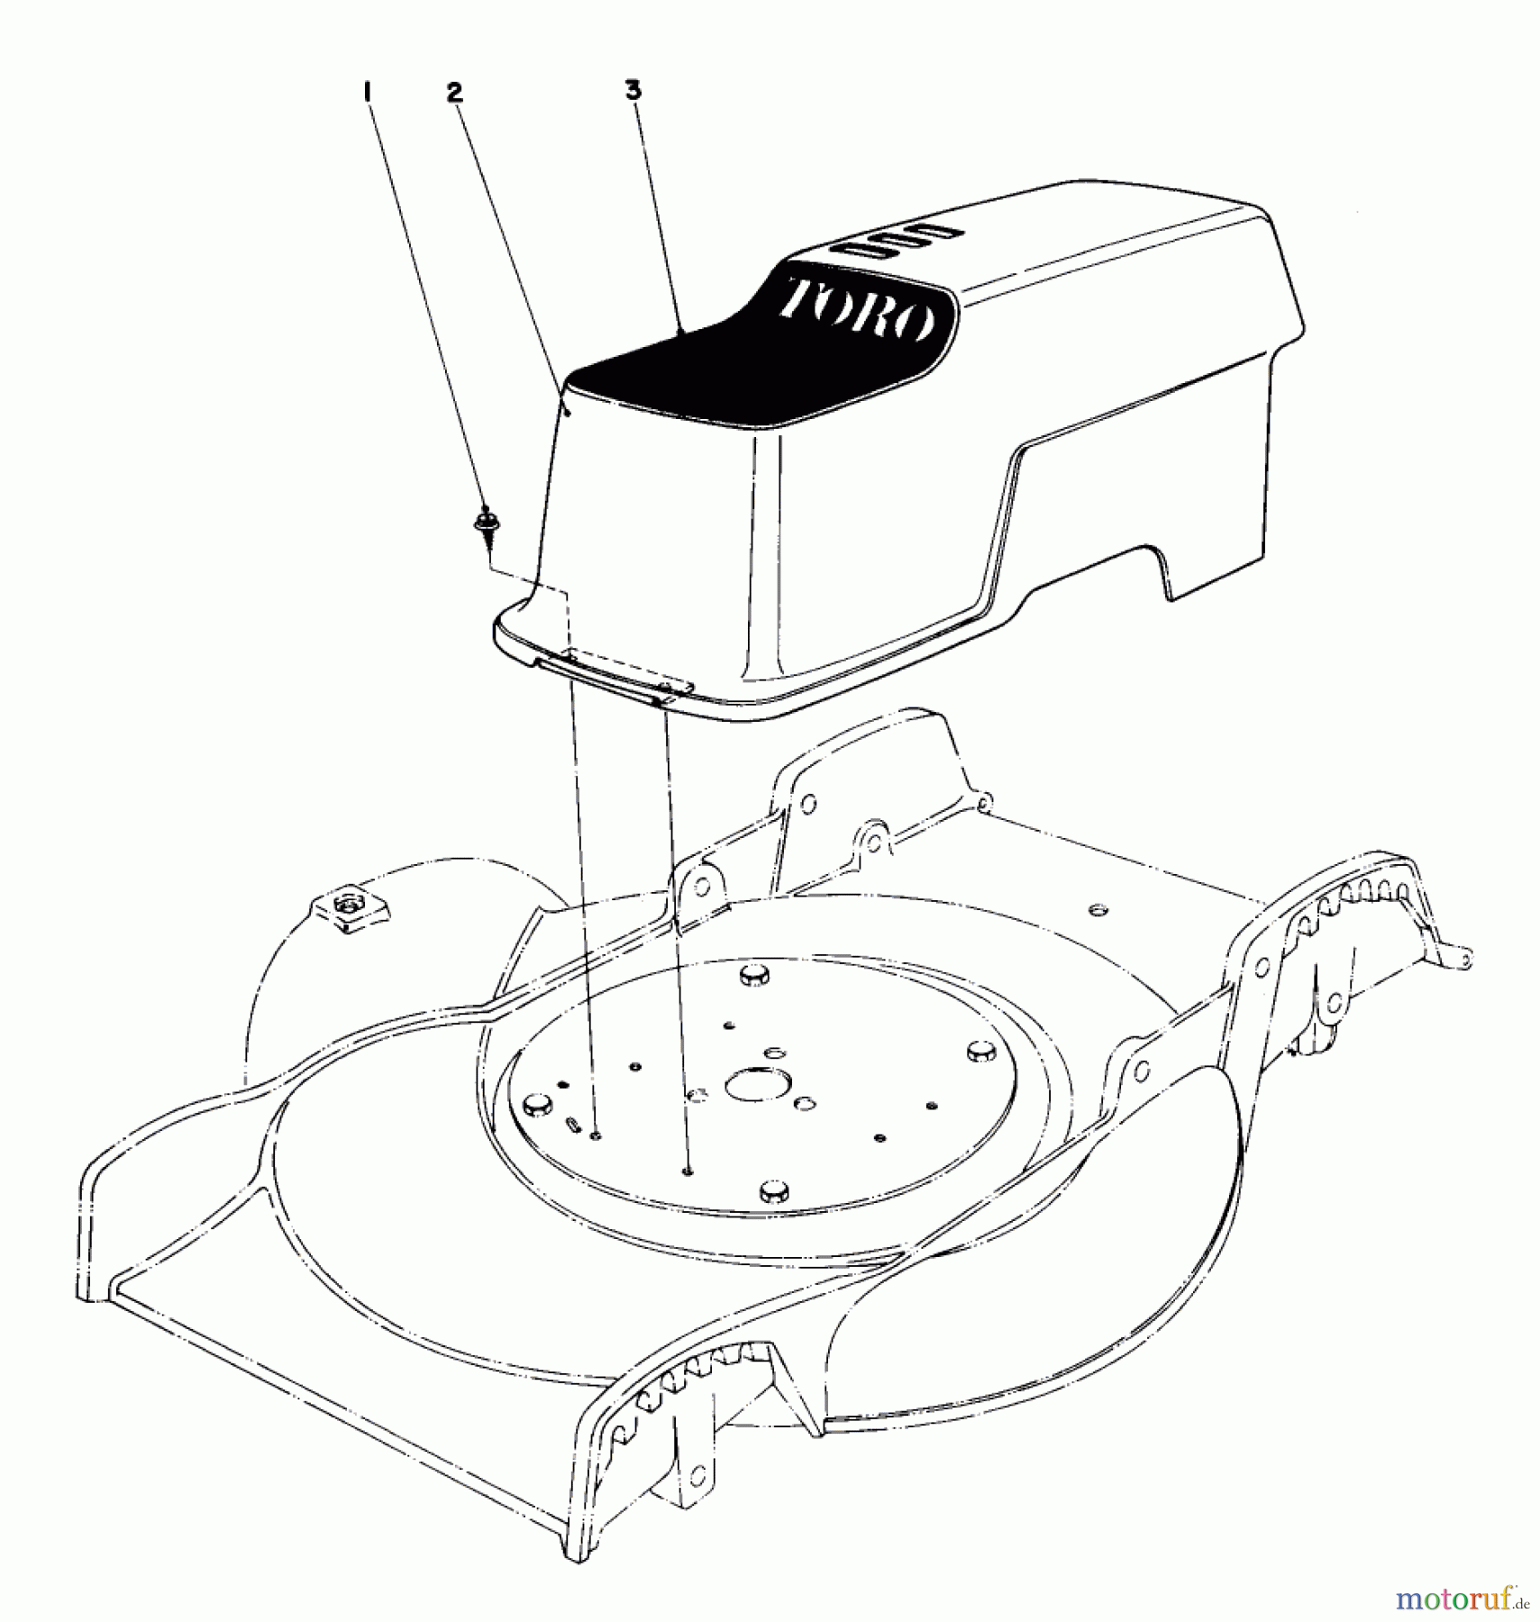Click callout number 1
click(368, 93)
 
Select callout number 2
click(454, 93)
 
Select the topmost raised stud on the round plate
click(751, 975)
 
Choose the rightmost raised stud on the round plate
click(980, 1051)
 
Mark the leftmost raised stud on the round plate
click(536, 1104)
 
